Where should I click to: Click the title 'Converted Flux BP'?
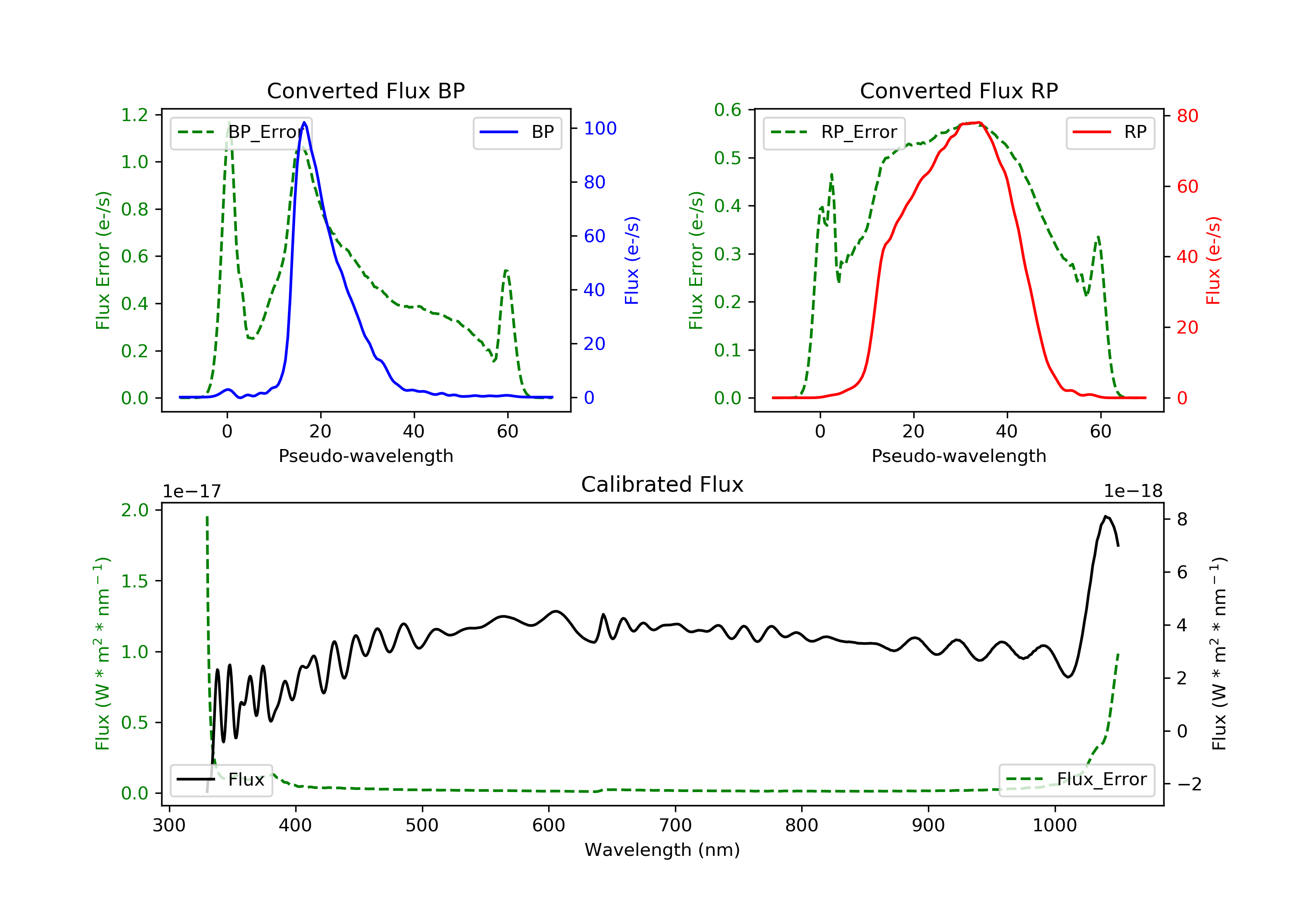[x=365, y=90]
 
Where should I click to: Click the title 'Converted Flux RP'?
[x=959, y=90]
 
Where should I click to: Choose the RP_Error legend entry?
[x=834, y=132]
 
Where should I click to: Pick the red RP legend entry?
[x=1110, y=132]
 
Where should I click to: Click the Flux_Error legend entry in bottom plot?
[x=1076, y=780]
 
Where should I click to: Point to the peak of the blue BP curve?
[x=305, y=122]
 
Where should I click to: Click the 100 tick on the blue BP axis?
[x=600, y=128]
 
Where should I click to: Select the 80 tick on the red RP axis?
[x=1187, y=116]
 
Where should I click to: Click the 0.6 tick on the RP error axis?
[x=728, y=110]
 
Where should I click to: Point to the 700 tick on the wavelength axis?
[x=675, y=826]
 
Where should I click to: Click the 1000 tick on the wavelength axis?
[x=1054, y=826]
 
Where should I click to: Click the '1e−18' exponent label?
[x=1133, y=491]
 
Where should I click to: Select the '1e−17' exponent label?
[x=191, y=491]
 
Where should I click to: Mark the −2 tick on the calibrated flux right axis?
[x=1189, y=784]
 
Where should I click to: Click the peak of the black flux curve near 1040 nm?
[x=1106, y=516]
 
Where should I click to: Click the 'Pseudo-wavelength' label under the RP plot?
[x=959, y=456]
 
